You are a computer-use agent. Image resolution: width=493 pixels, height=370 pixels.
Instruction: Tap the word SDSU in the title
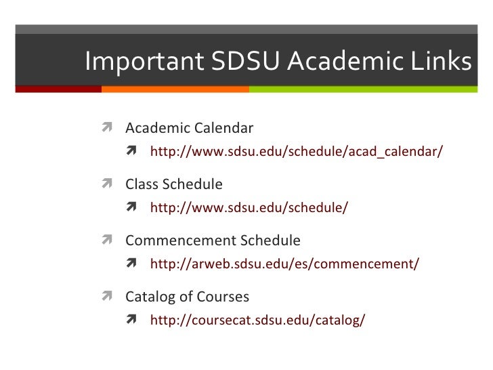246,62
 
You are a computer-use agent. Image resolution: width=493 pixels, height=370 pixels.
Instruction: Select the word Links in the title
443,62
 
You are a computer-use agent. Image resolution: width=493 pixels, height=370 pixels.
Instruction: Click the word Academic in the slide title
350,62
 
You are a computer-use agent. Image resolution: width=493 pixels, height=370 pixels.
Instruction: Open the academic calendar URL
296,151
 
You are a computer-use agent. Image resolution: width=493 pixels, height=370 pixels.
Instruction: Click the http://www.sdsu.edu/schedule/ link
249,207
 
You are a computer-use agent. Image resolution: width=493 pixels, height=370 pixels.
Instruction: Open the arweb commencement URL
284,264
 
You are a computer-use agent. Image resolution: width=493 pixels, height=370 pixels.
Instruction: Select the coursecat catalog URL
257,320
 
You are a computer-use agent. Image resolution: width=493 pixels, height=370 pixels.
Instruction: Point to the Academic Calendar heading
189,128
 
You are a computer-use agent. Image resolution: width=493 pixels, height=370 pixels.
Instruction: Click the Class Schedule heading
173,184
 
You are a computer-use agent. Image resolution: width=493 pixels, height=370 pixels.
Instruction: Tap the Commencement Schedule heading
213,241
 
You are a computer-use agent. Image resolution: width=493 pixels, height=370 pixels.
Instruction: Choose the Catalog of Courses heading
187,297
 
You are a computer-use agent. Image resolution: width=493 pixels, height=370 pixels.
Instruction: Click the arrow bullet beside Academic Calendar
108,128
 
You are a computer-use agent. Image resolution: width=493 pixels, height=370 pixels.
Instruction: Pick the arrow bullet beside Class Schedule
108,184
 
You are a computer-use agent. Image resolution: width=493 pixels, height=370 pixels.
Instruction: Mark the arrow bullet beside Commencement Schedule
108,241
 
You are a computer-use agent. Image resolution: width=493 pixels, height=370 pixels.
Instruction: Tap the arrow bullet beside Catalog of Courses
108,297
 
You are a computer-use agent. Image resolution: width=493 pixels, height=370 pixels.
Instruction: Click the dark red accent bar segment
58,89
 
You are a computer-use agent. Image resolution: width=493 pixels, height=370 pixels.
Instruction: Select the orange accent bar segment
175,89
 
